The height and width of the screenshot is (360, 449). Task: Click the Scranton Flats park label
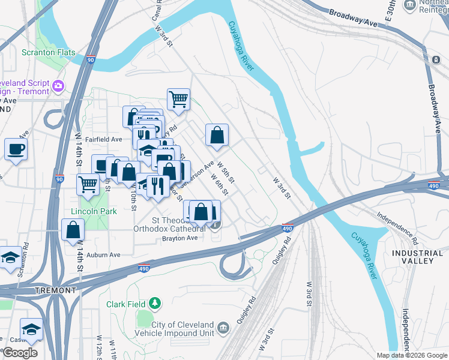[49, 52]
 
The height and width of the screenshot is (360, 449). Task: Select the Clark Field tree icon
[155, 304]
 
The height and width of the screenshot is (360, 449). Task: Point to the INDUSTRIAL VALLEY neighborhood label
[412, 257]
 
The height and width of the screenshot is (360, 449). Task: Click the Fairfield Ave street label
[104, 139]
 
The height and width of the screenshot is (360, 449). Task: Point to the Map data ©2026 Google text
[411, 355]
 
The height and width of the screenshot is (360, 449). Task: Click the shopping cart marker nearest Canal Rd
[178, 100]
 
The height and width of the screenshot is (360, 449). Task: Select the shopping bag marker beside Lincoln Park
[73, 229]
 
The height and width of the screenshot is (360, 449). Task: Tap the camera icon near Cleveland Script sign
[58, 86]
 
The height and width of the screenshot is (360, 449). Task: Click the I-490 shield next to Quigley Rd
[288, 228]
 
